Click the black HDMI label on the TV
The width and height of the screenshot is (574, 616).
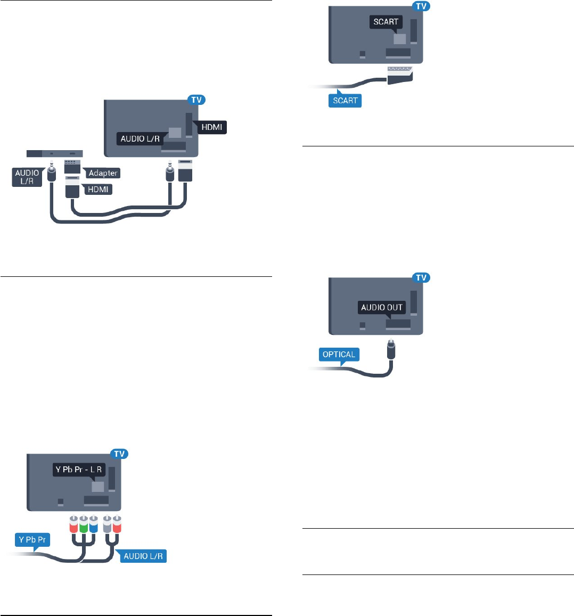click(212, 127)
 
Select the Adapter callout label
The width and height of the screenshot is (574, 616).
click(102, 173)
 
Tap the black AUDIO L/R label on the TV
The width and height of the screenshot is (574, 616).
click(140, 138)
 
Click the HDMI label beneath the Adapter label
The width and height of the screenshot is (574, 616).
click(97, 190)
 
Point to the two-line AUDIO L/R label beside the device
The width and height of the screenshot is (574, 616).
click(27, 177)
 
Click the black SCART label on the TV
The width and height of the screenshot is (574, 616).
click(386, 22)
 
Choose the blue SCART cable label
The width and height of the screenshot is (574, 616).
click(345, 100)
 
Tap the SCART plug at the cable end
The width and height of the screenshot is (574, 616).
click(400, 75)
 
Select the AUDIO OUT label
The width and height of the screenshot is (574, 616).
click(381, 307)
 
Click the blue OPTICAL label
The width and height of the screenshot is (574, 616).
click(339, 355)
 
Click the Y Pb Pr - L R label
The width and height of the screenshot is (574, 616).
click(79, 470)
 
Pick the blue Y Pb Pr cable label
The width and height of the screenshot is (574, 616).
click(32, 540)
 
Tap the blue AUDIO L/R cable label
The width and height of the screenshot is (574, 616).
click(143, 556)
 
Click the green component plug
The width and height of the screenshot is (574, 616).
click(83, 524)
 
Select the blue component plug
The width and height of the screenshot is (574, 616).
click(93, 524)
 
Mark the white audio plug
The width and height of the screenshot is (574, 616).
click(107, 524)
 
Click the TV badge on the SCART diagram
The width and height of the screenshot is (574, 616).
click(421, 6)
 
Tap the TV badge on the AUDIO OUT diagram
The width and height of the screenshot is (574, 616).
click(421, 277)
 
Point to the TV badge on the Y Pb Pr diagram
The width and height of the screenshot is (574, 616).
click(119, 454)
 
